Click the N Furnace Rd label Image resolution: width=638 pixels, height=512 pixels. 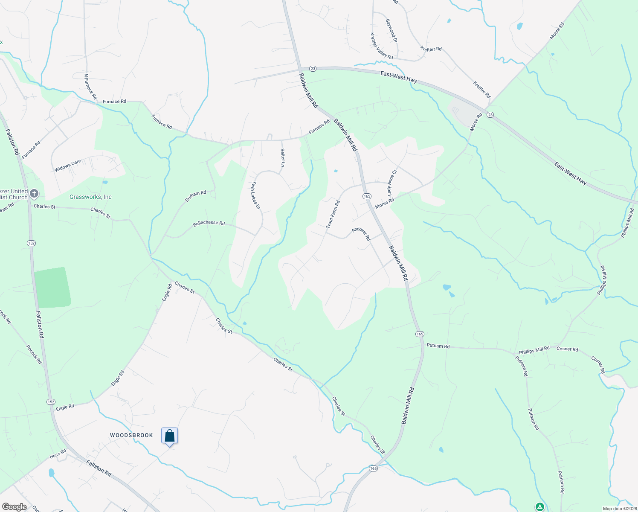(x=90, y=86)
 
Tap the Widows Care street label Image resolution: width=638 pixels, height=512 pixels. (x=67, y=166)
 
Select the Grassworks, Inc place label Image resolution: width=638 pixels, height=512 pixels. (x=90, y=197)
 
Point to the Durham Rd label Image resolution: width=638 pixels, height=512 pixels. (x=195, y=196)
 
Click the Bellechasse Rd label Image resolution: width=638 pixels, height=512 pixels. (x=209, y=223)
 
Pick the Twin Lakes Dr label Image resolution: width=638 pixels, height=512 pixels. (x=255, y=195)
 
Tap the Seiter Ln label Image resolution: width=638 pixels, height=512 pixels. (x=282, y=157)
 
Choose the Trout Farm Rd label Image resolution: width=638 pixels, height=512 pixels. (x=333, y=214)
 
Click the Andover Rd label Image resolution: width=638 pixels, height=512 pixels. (x=361, y=233)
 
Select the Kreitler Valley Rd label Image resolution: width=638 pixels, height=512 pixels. (x=381, y=46)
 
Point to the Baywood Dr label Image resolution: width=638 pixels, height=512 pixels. (x=391, y=30)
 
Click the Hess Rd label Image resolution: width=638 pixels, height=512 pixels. (x=58, y=454)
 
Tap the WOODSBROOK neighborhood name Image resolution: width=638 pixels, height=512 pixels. (x=131, y=435)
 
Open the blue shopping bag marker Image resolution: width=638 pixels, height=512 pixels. (x=169, y=436)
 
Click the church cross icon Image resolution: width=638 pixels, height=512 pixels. (x=34, y=194)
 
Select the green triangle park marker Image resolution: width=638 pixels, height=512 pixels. (x=539, y=507)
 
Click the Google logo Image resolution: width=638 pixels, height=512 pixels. (x=14, y=507)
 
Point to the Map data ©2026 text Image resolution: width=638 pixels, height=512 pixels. (x=619, y=509)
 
